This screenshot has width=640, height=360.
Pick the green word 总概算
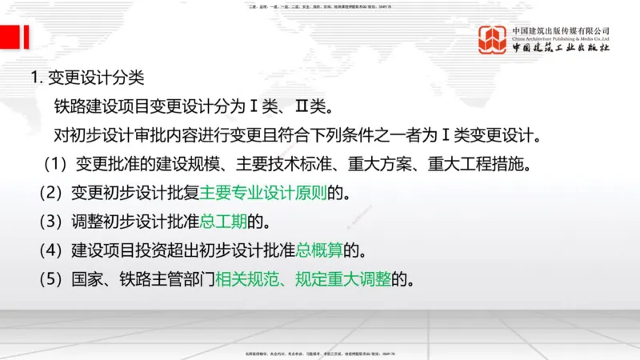pyautogui.click(x=319, y=250)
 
